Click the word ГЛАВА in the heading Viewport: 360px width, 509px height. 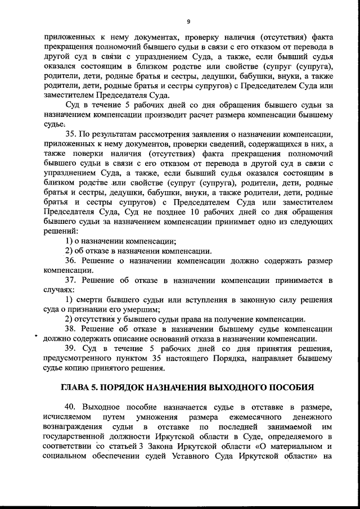coord(77,388)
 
